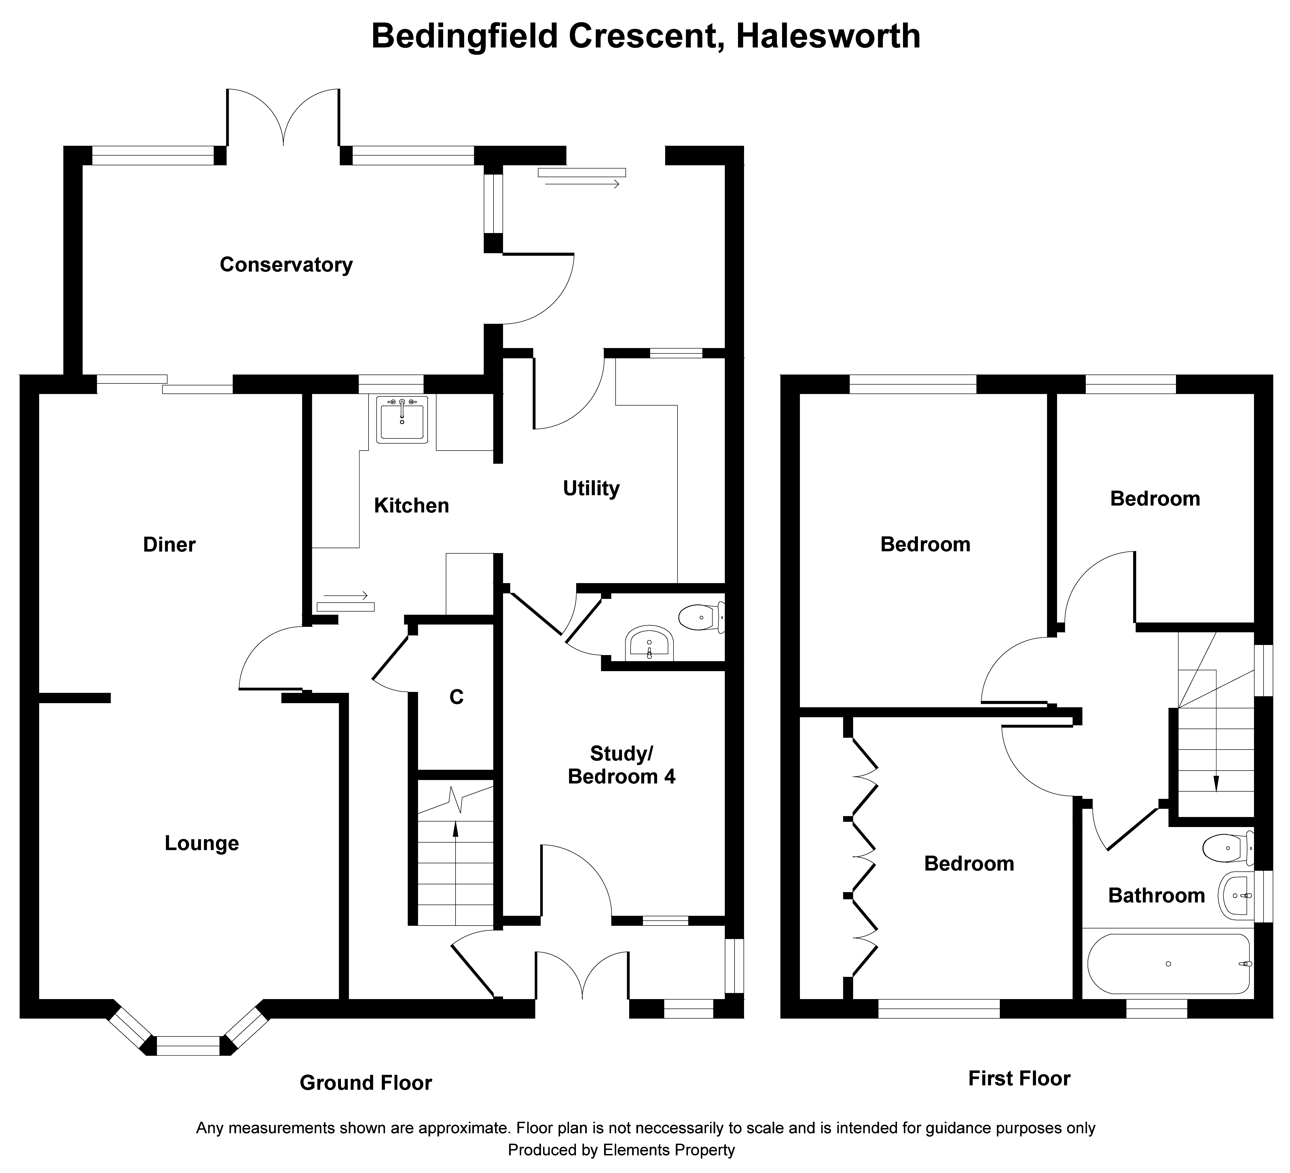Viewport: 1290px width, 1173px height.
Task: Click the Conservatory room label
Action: click(x=286, y=264)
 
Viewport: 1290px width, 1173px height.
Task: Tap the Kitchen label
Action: click(x=411, y=506)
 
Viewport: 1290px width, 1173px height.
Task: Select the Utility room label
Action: click(x=591, y=489)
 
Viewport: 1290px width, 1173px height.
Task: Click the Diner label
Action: click(x=169, y=545)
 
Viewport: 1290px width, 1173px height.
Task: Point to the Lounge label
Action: click(x=202, y=843)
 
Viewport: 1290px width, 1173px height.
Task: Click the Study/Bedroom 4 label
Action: click(x=622, y=765)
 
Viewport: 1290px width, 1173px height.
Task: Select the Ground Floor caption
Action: click(x=366, y=1083)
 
